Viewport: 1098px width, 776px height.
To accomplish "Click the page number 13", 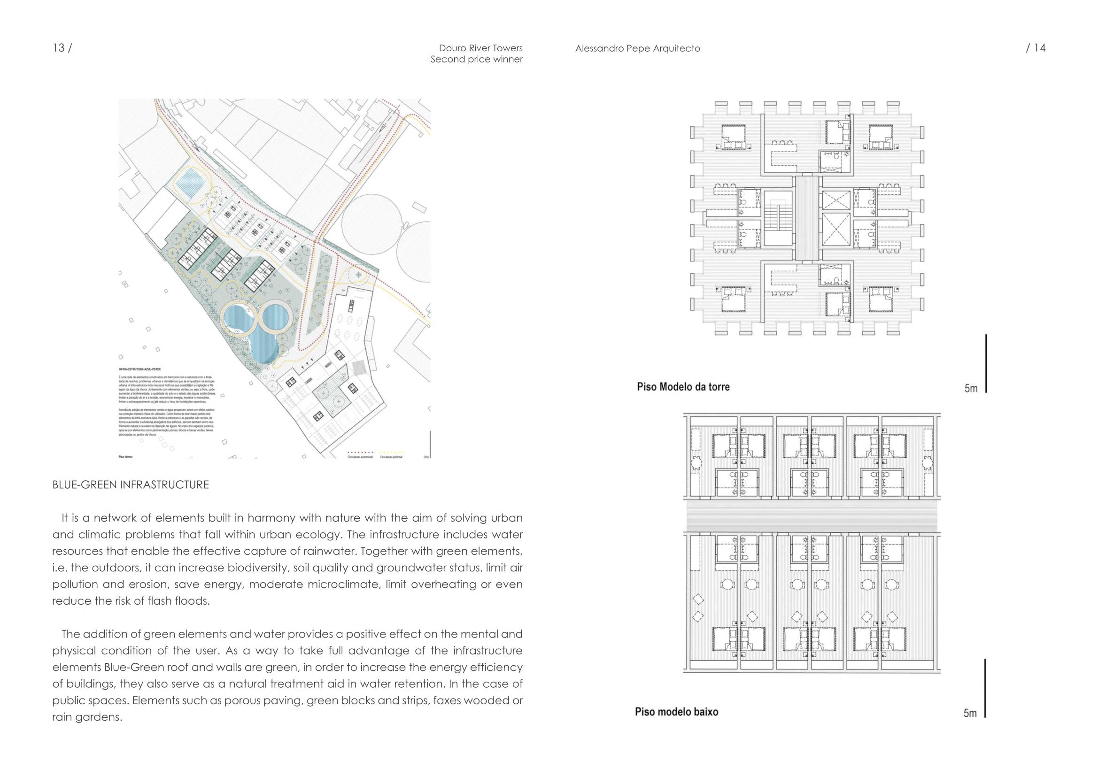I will (59, 48).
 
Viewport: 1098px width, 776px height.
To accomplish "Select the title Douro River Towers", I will (480, 48).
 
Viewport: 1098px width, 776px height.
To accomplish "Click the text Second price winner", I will (476, 59).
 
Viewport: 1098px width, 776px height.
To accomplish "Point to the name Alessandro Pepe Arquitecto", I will (637, 48).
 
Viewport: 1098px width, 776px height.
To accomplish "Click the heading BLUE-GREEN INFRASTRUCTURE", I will (131, 485).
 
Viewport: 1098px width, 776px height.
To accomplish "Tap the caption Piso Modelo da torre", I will (683, 387).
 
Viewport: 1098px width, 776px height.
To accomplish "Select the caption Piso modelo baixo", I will (676, 712).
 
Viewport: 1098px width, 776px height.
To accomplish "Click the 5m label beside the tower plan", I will (971, 388).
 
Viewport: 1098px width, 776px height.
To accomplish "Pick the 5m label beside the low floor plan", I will (970, 714).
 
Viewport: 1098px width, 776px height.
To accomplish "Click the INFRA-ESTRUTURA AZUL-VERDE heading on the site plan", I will (139, 369).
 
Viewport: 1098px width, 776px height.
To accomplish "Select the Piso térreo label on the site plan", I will (125, 457).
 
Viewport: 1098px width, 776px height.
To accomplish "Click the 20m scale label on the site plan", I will (426, 457).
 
